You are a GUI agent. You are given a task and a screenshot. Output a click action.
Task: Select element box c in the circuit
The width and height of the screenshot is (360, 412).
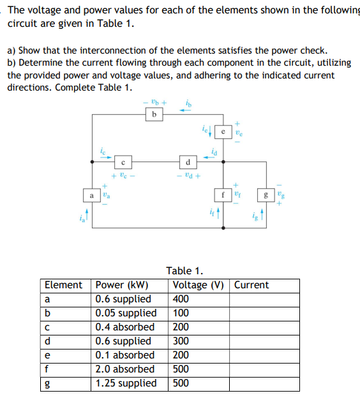[125, 162]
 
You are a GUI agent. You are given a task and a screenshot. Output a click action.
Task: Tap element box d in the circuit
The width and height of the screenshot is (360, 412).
[188, 161]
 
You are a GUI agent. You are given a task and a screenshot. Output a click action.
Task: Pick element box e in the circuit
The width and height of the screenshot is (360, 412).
[222, 132]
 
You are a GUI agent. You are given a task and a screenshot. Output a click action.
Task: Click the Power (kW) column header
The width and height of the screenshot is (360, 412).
[121, 285]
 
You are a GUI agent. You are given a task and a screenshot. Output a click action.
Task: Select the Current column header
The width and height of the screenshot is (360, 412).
[251, 285]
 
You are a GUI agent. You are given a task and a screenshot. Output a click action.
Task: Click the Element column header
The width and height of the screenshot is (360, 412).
[63, 285]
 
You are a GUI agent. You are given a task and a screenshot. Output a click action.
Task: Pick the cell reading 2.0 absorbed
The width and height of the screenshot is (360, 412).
[124, 369]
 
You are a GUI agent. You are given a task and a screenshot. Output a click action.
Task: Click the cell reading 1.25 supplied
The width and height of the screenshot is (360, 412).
[126, 383]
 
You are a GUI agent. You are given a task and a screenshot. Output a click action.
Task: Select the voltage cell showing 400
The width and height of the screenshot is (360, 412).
[181, 299]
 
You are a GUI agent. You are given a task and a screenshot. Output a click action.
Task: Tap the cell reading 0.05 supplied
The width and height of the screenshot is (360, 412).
[126, 313]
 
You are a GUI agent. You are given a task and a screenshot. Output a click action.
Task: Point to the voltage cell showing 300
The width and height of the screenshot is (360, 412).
[181, 341]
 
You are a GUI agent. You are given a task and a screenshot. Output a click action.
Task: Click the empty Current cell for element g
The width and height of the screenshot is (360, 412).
[265, 383]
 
